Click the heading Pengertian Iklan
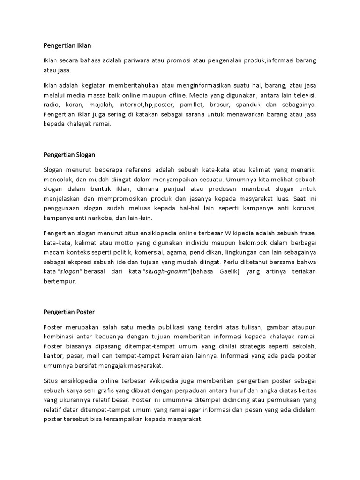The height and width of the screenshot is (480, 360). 67,45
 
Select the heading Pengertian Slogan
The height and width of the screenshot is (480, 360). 69,154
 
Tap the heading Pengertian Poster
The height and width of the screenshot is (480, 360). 69,311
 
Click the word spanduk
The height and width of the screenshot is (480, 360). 251,105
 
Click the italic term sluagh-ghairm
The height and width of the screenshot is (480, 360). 165,273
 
